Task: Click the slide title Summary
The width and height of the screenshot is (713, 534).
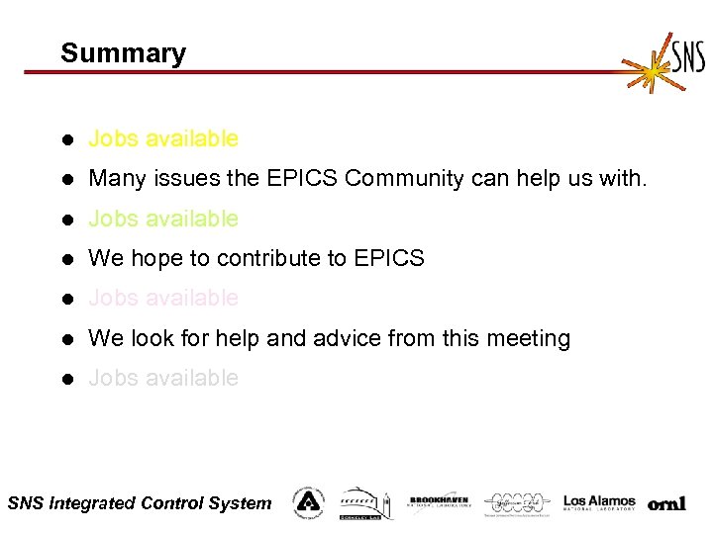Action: [123, 53]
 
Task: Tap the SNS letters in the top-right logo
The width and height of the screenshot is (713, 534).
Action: [688, 55]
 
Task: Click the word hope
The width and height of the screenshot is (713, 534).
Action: [156, 259]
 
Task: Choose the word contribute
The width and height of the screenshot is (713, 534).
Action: [268, 259]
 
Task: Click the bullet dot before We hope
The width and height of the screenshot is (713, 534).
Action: [66, 259]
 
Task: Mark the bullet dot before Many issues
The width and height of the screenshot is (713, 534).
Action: [66, 179]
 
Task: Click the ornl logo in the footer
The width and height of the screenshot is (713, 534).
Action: [666, 504]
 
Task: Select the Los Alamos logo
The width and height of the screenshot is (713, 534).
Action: [599, 502]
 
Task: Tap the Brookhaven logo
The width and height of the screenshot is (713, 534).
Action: [439, 502]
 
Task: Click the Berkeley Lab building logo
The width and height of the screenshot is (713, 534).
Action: [366, 502]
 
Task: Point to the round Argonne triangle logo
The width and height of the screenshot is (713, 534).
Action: [308, 502]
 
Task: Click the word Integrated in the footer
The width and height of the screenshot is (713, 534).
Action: [92, 503]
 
